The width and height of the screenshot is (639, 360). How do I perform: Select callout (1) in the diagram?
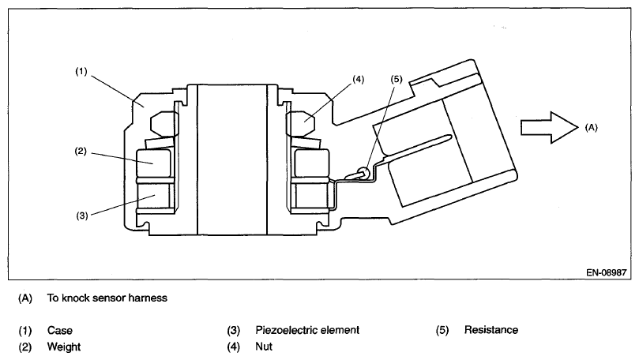point(81,70)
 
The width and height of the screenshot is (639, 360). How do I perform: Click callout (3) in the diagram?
point(81,214)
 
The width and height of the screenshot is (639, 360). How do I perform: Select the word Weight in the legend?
point(63,347)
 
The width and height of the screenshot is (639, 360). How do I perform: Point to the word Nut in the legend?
point(263,347)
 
